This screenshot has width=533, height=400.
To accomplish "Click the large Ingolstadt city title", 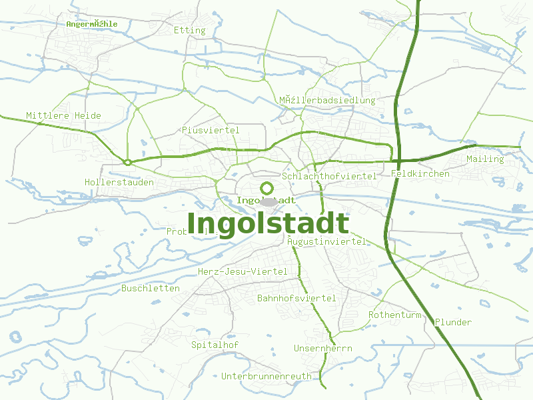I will point(268,224).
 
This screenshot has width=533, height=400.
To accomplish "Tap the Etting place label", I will point(189,30).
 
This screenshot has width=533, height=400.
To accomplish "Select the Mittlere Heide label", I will point(64,115).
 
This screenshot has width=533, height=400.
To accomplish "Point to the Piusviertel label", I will point(211,130).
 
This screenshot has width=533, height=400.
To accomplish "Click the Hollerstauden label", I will point(119,182).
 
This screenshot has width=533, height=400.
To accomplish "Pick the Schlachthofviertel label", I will point(329,176).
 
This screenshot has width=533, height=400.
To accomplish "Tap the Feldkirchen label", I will point(420,174).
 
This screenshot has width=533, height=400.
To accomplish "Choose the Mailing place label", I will point(485,159).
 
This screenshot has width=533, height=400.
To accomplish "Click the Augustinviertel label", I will point(326,241).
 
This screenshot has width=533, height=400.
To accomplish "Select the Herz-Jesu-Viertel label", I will point(243,271).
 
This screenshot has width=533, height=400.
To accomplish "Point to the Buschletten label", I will point(151,288).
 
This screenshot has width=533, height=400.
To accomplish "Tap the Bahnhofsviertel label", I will point(296,298).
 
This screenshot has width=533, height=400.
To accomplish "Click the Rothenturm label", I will point(395,315).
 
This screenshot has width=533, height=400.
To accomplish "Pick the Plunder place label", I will point(453,322).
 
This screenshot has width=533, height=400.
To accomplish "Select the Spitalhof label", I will point(215,345).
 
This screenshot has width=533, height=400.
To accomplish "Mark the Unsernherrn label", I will point(323,349).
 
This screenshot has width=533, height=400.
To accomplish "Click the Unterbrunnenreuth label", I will point(266,376).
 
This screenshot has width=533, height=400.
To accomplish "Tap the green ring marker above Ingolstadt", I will point(267,188).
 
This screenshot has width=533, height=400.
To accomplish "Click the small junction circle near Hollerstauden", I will point(127,162).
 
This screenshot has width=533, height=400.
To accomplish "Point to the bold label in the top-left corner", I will point(92,23).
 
